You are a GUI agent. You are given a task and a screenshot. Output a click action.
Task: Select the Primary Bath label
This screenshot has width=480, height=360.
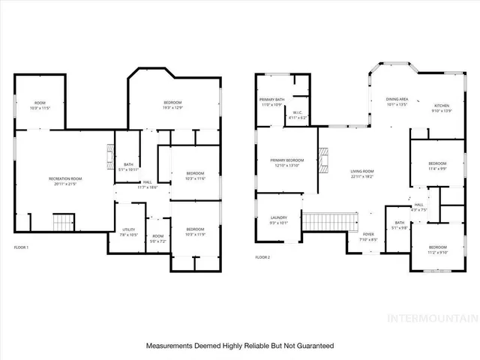[271, 102]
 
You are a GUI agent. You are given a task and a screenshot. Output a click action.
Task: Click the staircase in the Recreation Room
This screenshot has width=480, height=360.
[66, 222]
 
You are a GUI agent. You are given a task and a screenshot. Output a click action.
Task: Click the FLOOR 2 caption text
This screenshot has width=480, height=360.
[262, 257]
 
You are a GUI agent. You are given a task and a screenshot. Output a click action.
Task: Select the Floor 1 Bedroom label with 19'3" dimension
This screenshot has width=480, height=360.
[175, 105]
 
